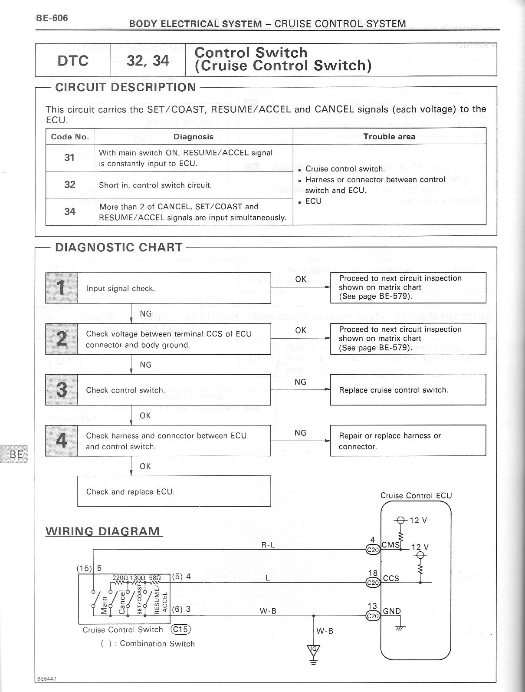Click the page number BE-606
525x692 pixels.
point(52,18)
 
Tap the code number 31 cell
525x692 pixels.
point(69,158)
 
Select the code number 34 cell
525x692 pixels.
point(69,211)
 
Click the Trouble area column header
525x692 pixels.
point(389,136)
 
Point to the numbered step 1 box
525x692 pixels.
point(62,288)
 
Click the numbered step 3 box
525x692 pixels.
point(62,390)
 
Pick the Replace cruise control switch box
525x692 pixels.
point(408,390)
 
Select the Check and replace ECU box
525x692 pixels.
point(174,491)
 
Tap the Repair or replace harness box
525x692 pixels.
point(408,441)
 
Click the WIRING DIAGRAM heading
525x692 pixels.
point(103,531)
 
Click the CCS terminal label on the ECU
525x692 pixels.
point(391,578)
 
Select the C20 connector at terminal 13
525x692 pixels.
point(373,616)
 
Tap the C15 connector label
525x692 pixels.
point(181,629)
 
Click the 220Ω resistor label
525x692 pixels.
point(119,578)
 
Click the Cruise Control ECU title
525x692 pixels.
point(416,496)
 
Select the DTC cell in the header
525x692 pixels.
point(73,60)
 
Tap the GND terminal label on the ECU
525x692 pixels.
point(392,611)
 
